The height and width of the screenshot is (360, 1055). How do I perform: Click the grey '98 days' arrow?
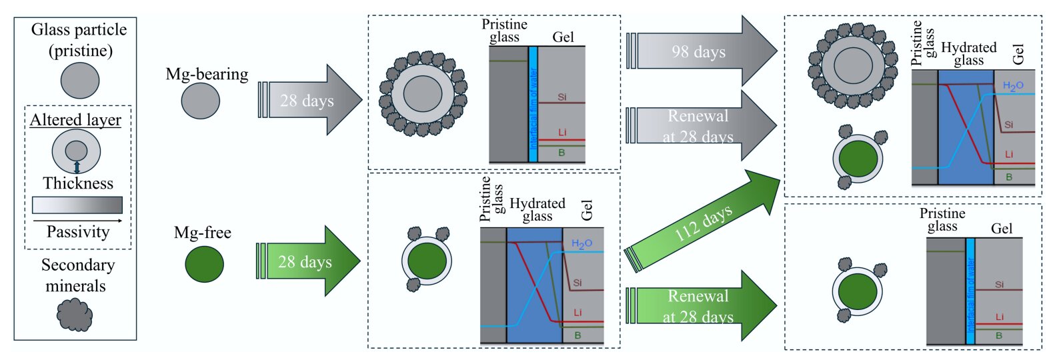click(x=700, y=51)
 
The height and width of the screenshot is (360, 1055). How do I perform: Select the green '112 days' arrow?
click(x=704, y=223)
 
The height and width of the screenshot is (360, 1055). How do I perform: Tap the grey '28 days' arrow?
click(x=310, y=101)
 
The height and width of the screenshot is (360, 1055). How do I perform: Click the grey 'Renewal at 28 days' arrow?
click(x=700, y=126)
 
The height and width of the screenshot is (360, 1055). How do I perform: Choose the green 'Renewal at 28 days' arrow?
click(x=700, y=306)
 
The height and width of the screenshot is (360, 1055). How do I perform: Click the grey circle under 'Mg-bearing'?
click(x=200, y=101)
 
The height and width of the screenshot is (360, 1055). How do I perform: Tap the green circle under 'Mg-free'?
click(x=204, y=264)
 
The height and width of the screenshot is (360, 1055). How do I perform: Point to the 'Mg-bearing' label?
click(x=207, y=74)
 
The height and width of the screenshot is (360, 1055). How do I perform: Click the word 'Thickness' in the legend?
click(x=78, y=183)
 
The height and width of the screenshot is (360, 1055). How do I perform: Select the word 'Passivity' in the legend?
click(x=78, y=232)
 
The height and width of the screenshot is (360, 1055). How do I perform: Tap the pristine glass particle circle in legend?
click(x=80, y=81)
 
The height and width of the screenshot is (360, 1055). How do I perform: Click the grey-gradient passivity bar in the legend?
click(x=77, y=205)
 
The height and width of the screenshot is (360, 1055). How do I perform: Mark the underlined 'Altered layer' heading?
click(x=75, y=120)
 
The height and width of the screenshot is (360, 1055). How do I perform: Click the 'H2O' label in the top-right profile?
click(x=1013, y=86)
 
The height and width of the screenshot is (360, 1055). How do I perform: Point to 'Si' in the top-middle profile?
click(x=562, y=97)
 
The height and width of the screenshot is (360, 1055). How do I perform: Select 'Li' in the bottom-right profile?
click(x=1000, y=317)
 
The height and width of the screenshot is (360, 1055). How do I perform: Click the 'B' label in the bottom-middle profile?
click(x=578, y=335)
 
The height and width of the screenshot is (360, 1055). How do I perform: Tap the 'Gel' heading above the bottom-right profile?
click(x=1002, y=229)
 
